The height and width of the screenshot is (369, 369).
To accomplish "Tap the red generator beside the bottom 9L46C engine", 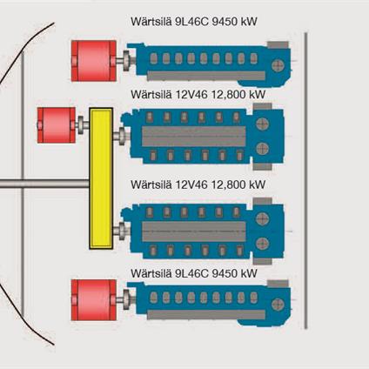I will coord(90,300).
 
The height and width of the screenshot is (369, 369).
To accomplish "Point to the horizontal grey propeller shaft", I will coord(44,184).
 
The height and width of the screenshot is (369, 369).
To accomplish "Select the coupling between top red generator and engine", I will coord(124,62).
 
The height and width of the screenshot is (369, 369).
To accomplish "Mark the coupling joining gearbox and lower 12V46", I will coord(122,231).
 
